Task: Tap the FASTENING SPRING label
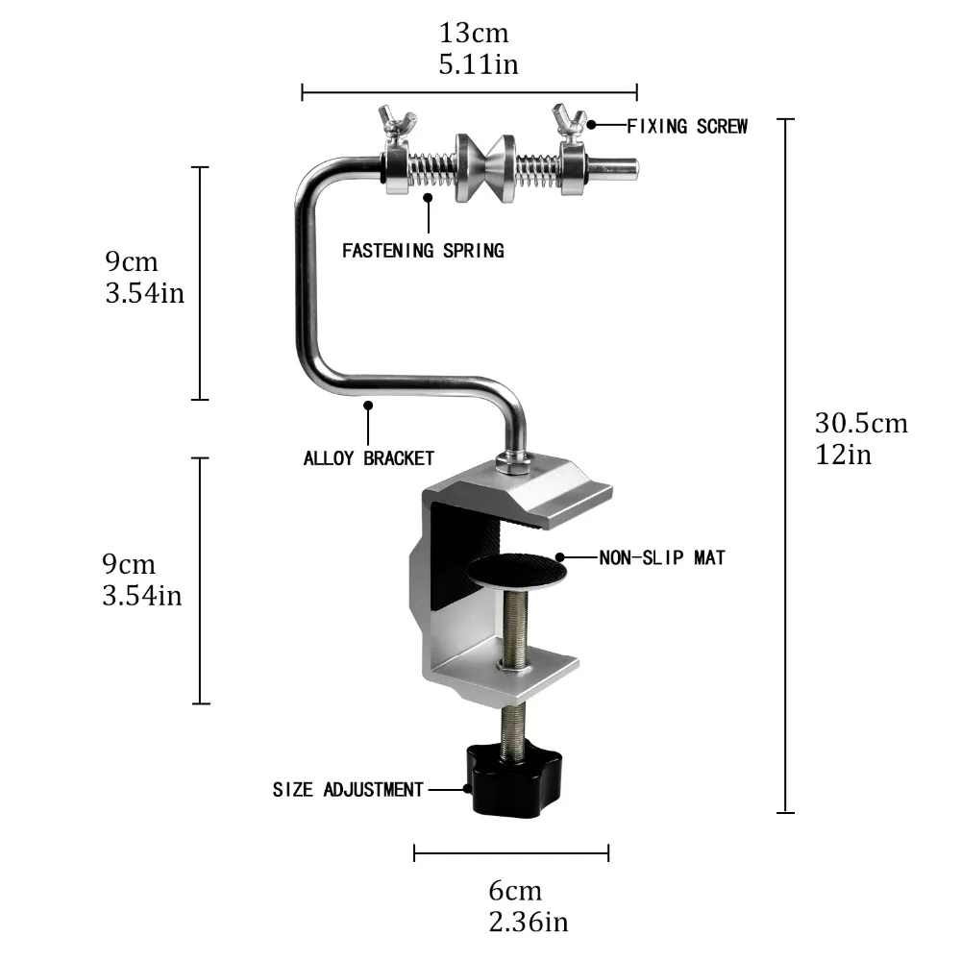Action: point(423,251)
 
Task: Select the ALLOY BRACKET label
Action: point(369,458)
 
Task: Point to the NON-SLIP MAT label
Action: point(662,556)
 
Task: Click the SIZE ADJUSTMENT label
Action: point(348,790)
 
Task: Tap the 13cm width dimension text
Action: point(474,33)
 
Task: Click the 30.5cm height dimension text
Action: point(861,423)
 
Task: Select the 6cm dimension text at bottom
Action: point(514,891)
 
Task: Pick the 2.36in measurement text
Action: point(529,923)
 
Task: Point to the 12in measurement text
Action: point(844,455)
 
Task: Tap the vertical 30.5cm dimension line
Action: point(786,466)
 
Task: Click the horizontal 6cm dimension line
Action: point(511,851)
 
